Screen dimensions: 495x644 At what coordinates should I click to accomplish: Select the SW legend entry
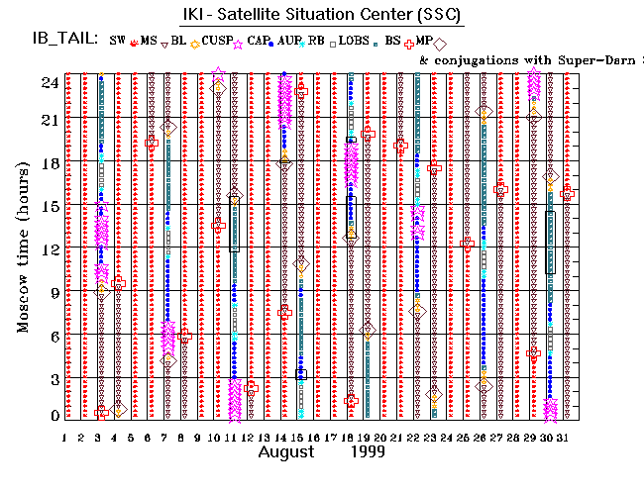coord(118,41)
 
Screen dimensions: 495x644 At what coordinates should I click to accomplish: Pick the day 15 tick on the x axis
coord(300,438)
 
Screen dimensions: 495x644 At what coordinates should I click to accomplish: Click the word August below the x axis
coord(291,453)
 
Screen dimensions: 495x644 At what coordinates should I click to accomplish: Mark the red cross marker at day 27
coord(501,189)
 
